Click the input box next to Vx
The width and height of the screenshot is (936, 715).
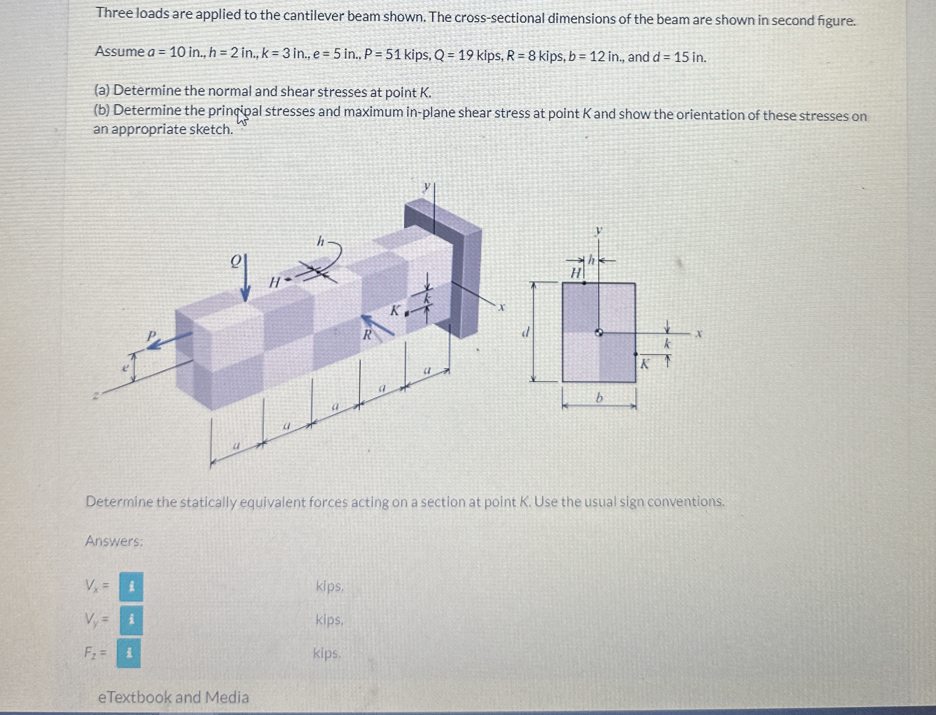pos(131,587)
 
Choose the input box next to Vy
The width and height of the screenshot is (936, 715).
pos(131,620)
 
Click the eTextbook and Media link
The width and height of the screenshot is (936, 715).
pos(173,697)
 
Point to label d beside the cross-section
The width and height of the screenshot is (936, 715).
pos(527,332)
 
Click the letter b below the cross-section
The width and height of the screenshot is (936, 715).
pos(599,398)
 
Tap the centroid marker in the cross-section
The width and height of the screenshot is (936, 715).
pos(599,333)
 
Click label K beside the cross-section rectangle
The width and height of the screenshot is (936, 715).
pos(645,364)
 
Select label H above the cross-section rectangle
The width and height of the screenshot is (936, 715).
pos(575,273)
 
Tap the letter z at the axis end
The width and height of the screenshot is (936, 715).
pos(96,396)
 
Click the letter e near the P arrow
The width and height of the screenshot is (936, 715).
pos(125,367)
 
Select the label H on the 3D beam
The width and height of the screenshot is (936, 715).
pos(275,282)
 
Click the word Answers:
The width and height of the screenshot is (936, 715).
pos(114,541)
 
